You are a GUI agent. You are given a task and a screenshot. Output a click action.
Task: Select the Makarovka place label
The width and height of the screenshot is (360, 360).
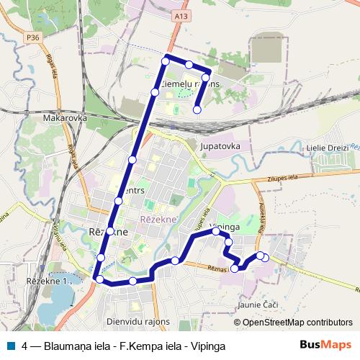coord(65,117)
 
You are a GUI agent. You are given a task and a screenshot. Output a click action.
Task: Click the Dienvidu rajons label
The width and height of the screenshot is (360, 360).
coord(138,322)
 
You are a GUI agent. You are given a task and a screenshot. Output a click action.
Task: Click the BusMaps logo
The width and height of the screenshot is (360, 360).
coord(325,345)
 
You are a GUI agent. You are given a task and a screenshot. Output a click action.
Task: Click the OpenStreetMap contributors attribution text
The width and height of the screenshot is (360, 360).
coord(297,323)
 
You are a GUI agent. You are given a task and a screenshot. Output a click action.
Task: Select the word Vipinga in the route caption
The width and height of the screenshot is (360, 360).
coord(208,346)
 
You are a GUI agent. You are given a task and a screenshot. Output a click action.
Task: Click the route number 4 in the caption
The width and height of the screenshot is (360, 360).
coord(25,346)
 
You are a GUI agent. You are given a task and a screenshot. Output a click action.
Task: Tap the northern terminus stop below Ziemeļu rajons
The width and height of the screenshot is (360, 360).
coord(197,109)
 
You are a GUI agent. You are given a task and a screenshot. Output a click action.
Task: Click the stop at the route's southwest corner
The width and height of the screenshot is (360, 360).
coord(99,279)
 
